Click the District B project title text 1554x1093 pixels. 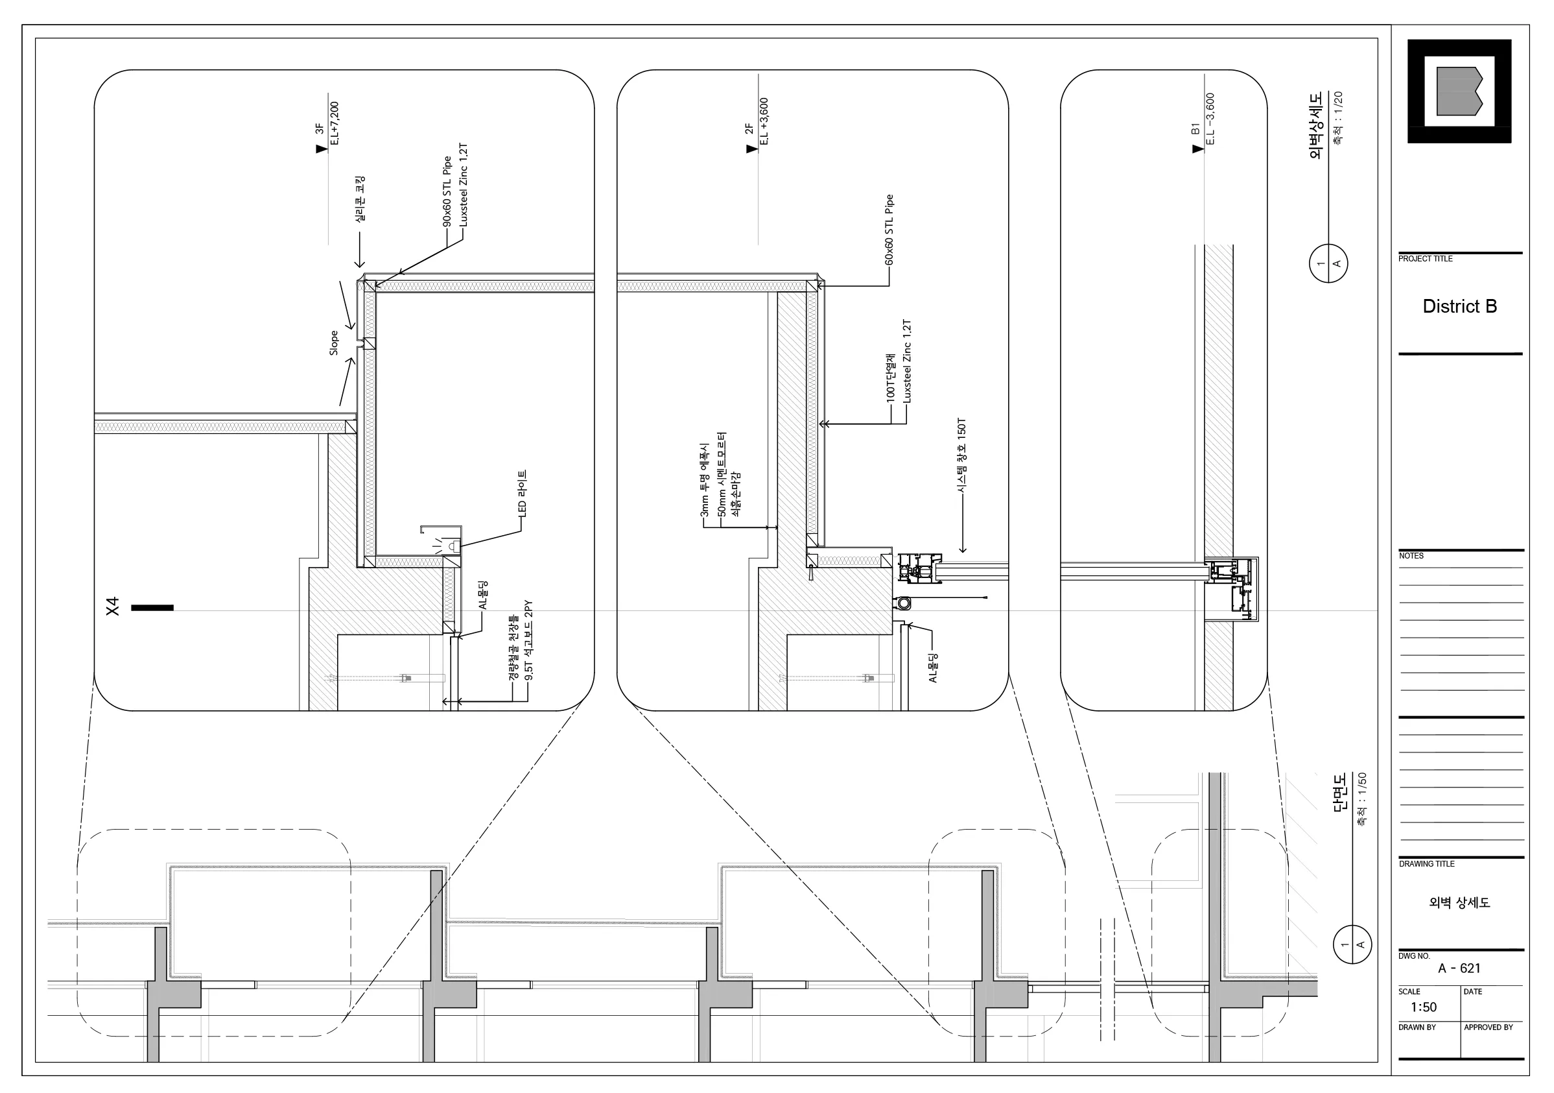[1459, 306]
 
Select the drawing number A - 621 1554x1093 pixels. [1459, 968]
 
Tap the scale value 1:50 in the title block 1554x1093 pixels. [1424, 1007]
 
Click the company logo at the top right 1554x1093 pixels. [1459, 91]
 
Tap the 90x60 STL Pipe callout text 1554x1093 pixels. [447, 192]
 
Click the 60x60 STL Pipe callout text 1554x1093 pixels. [889, 230]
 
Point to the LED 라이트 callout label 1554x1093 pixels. [522, 494]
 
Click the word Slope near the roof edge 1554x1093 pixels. [334, 342]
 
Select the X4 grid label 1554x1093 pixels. [112, 606]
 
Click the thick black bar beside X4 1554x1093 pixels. [152, 607]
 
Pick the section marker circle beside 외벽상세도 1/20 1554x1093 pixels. [1328, 263]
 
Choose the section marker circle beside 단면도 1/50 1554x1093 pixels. [1352, 944]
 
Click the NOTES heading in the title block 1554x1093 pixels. [1411, 556]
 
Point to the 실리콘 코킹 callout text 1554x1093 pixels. [360, 200]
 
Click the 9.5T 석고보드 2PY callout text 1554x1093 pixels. [528, 640]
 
